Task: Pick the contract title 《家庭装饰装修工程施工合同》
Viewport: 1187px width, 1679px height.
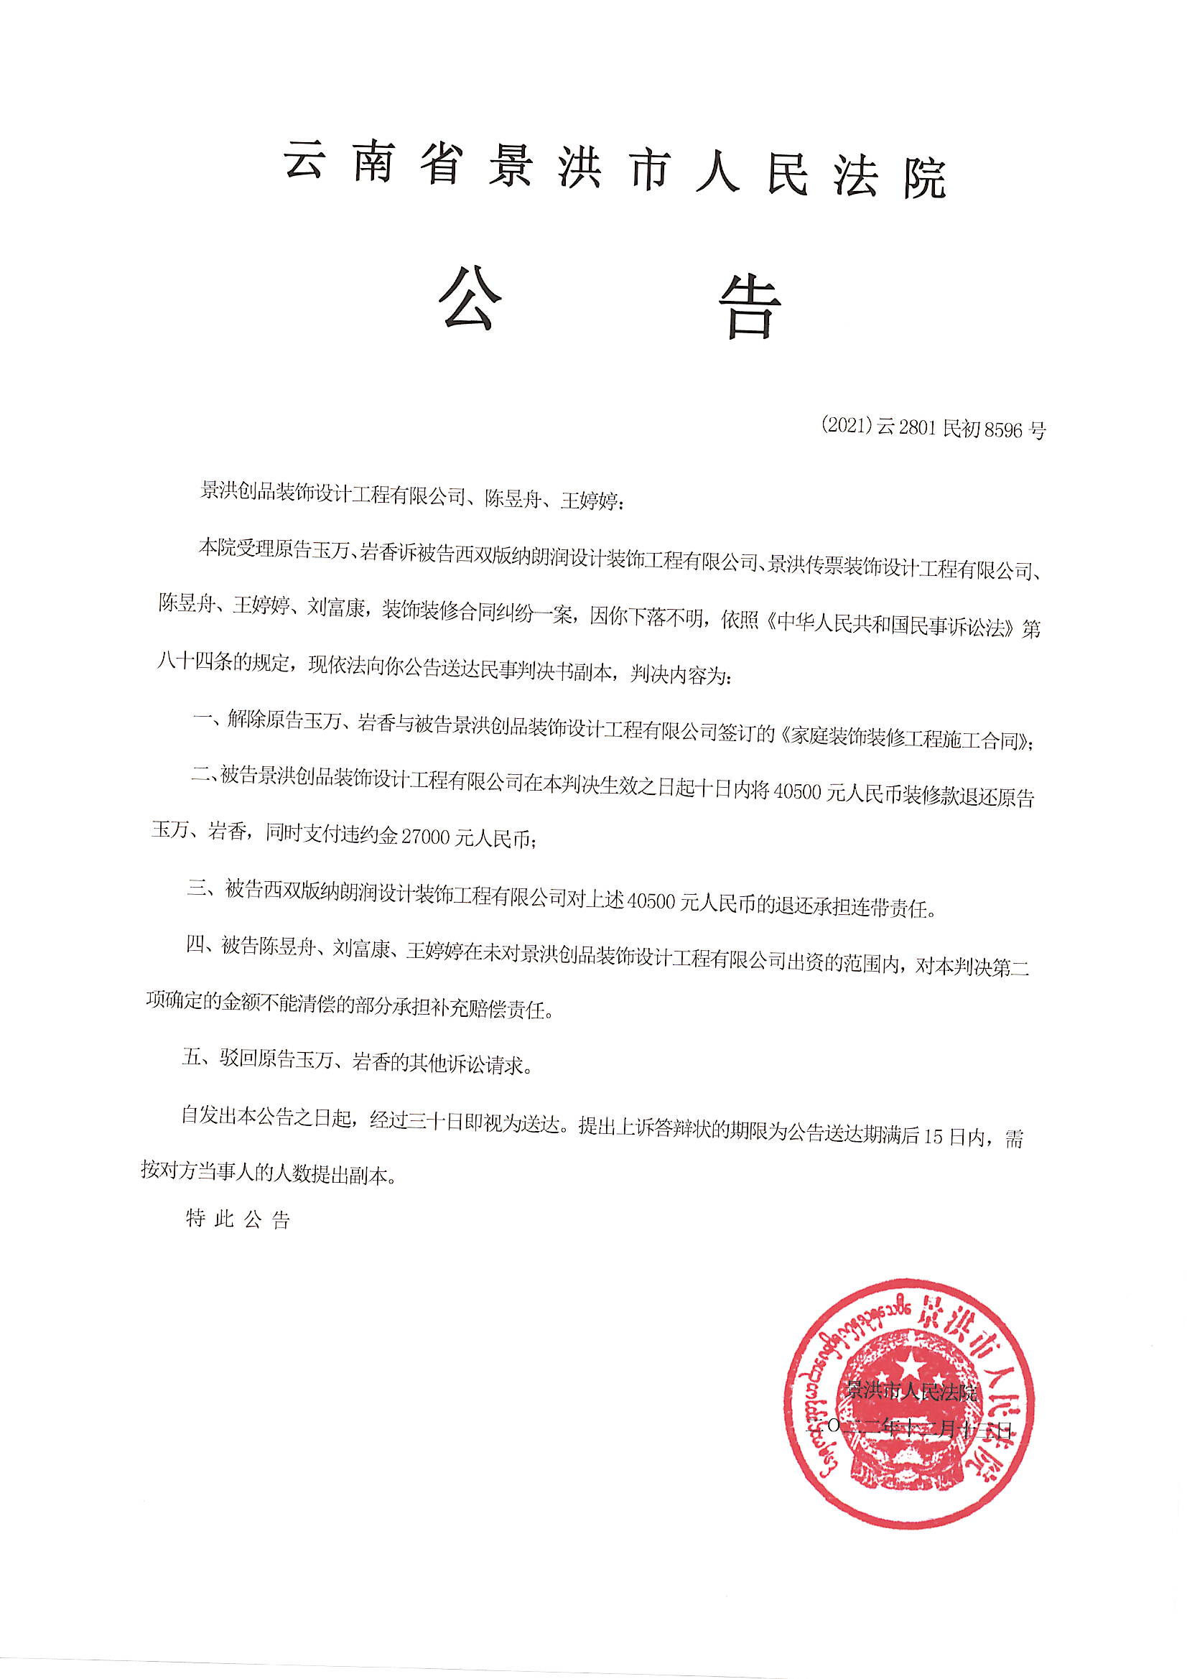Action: pos(905,740)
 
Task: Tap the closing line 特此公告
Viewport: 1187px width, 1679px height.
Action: pos(238,1219)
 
